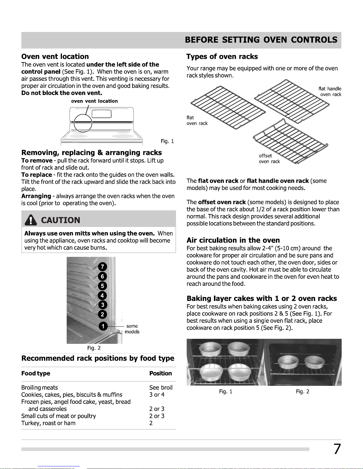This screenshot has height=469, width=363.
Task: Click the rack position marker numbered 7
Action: [103, 267]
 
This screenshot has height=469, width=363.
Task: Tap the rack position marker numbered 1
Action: [103, 326]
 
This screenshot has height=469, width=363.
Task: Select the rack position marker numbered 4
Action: [102, 295]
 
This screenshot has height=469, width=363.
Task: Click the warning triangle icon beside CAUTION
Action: [31, 220]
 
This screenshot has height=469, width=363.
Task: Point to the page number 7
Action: [337, 449]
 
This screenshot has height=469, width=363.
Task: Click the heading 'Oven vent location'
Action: [55, 57]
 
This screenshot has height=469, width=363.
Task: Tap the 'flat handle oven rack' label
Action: [330, 91]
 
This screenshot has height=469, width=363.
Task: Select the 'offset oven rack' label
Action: [269, 159]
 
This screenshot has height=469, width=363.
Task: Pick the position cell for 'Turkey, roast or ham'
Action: [151, 423]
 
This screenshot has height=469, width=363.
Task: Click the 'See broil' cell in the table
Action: [161, 388]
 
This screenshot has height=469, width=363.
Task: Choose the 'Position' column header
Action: [160, 373]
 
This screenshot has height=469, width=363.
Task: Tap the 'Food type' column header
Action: [36, 373]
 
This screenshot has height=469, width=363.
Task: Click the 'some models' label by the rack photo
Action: [132, 329]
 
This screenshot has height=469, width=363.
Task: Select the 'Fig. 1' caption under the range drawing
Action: [167, 141]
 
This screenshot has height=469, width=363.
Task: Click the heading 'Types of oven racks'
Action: [222, 57]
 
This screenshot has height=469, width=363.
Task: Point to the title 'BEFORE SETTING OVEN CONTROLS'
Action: [261, 40]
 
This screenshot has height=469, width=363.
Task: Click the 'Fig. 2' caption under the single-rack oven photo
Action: [303, 391]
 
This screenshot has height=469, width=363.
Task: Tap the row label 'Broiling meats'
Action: [40, 388]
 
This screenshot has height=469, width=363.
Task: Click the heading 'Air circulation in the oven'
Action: [233, 240]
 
